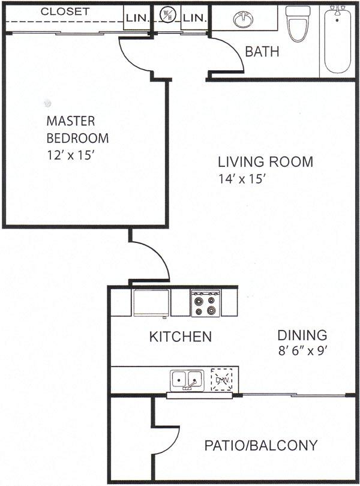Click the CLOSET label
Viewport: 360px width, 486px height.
[x=65, y=11]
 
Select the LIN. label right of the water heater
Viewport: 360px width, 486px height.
[x=194, y=17]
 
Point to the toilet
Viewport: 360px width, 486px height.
[x=297, y=23]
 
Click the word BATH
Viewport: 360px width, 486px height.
[x=262, y=52]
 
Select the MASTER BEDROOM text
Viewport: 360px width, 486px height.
[x=77, y=129]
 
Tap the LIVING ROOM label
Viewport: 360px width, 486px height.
[x=265, y=161]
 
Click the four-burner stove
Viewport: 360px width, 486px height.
[x=205, y=303]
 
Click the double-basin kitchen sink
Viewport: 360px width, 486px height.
[x=187, y=380]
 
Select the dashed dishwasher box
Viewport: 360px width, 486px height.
[x=224, y=379]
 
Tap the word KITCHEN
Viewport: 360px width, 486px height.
[x=180, y=337]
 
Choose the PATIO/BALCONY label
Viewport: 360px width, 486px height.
[x=260, y=445]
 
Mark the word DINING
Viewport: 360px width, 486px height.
[x=302, y=335]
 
